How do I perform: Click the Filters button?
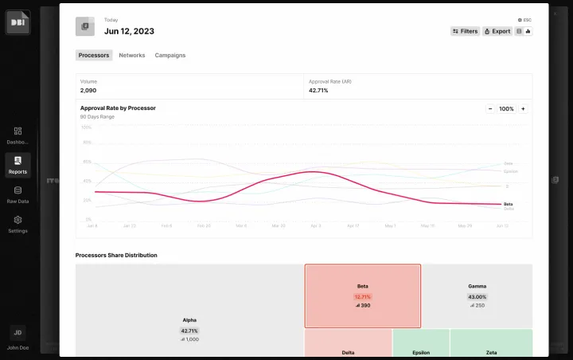[x=466, y=31]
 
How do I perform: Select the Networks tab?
[x=132, y=56]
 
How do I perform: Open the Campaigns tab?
[x=170, y=56]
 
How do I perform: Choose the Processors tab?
[x=94, y=56]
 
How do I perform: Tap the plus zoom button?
[x=523, y=108]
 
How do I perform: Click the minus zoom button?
[x=490, y=108]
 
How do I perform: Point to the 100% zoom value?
[x=506, y=108]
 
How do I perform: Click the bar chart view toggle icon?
[x=528, y=31]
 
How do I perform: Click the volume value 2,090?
[x=88, y=91]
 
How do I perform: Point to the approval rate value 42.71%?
[x=318, y=91]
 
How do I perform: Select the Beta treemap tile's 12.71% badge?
[x=363, y=296]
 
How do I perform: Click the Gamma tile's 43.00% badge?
[x=477, y=296]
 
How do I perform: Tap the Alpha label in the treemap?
[x=189, y=320]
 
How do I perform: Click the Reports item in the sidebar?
[x=18, y=165]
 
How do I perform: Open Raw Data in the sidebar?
[x=18, y=194]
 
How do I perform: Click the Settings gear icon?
[x=18, y=221]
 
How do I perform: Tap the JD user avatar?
[x=18, y=332]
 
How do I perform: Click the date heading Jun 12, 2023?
[x=129, y=31]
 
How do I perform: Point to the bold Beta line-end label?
[x=509, y=204]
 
